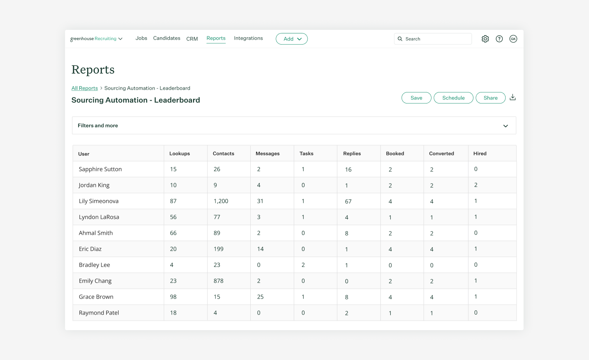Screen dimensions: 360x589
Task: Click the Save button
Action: click(x=416, y=98)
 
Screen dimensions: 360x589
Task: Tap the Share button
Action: click(x=490, y=98)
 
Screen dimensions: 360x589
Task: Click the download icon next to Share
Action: click(x=513, y=97)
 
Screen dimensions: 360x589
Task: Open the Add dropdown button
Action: click(x=292, y=39)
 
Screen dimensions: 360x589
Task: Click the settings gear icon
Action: click(x=485, y=39)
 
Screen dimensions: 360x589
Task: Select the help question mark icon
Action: click(x=499, y=39)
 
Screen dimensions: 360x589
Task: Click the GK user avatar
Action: click(x=513, y=39)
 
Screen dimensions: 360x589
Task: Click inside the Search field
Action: click(x=436, y=39)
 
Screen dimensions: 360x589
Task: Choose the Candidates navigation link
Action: click(x=166, y=38)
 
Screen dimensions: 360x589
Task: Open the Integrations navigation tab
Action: click(x=248, y=38)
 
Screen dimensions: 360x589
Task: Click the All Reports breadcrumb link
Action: click(x=85, y=88)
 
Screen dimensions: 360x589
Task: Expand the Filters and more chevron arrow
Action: click(x=506, y=126)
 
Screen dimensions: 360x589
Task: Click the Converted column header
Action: click(x=441, y=153)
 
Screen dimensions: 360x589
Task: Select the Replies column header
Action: click(x=352, y=153)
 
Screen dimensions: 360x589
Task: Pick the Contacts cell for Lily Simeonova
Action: click(x=221, y=201)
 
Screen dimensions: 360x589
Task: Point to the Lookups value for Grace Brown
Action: click(x=173, y=297)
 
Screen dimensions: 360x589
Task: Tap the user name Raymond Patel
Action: click(x=99, y=313)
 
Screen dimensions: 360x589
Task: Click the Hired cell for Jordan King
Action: click(x=476, y=185)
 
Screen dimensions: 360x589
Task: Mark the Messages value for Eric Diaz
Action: click(x=260, y=249)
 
